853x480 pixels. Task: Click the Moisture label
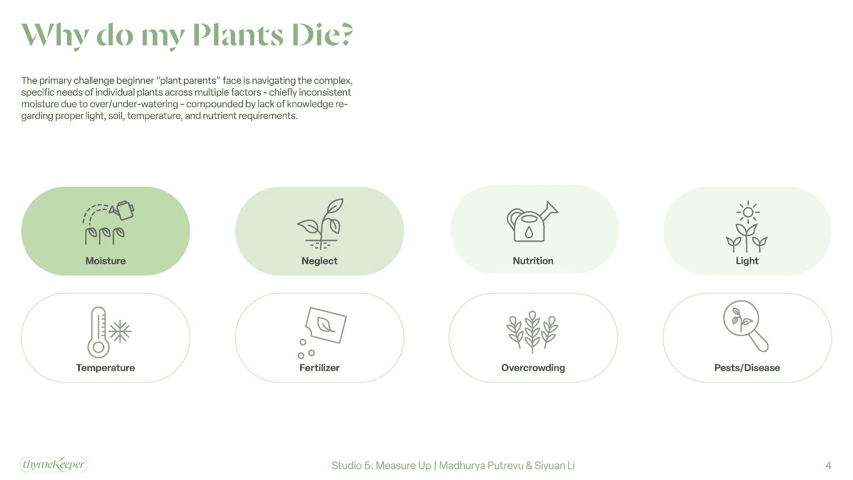(x=105, y=261)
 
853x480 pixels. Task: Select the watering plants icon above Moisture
(x=108, y=223)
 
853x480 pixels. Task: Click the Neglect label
(x=319, y=261)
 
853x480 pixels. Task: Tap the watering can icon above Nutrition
(x=531, y=222)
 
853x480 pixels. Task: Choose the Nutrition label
(x=533, y=261)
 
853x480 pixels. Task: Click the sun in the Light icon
(x=748, y=212)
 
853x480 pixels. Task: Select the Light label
(x=747, y=261)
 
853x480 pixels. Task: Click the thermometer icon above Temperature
(x=98, y=332)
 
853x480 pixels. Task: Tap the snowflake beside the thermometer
(x=120, y=332)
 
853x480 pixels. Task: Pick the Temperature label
(x=105, y=368)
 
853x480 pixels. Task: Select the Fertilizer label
(x=319, y=368)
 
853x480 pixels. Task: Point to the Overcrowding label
(x=533, y=368)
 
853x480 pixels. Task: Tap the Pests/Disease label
(x=747, y=368)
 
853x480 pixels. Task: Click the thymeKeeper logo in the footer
(x=54, y=464)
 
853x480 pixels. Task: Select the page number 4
(x=828, y=465)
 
